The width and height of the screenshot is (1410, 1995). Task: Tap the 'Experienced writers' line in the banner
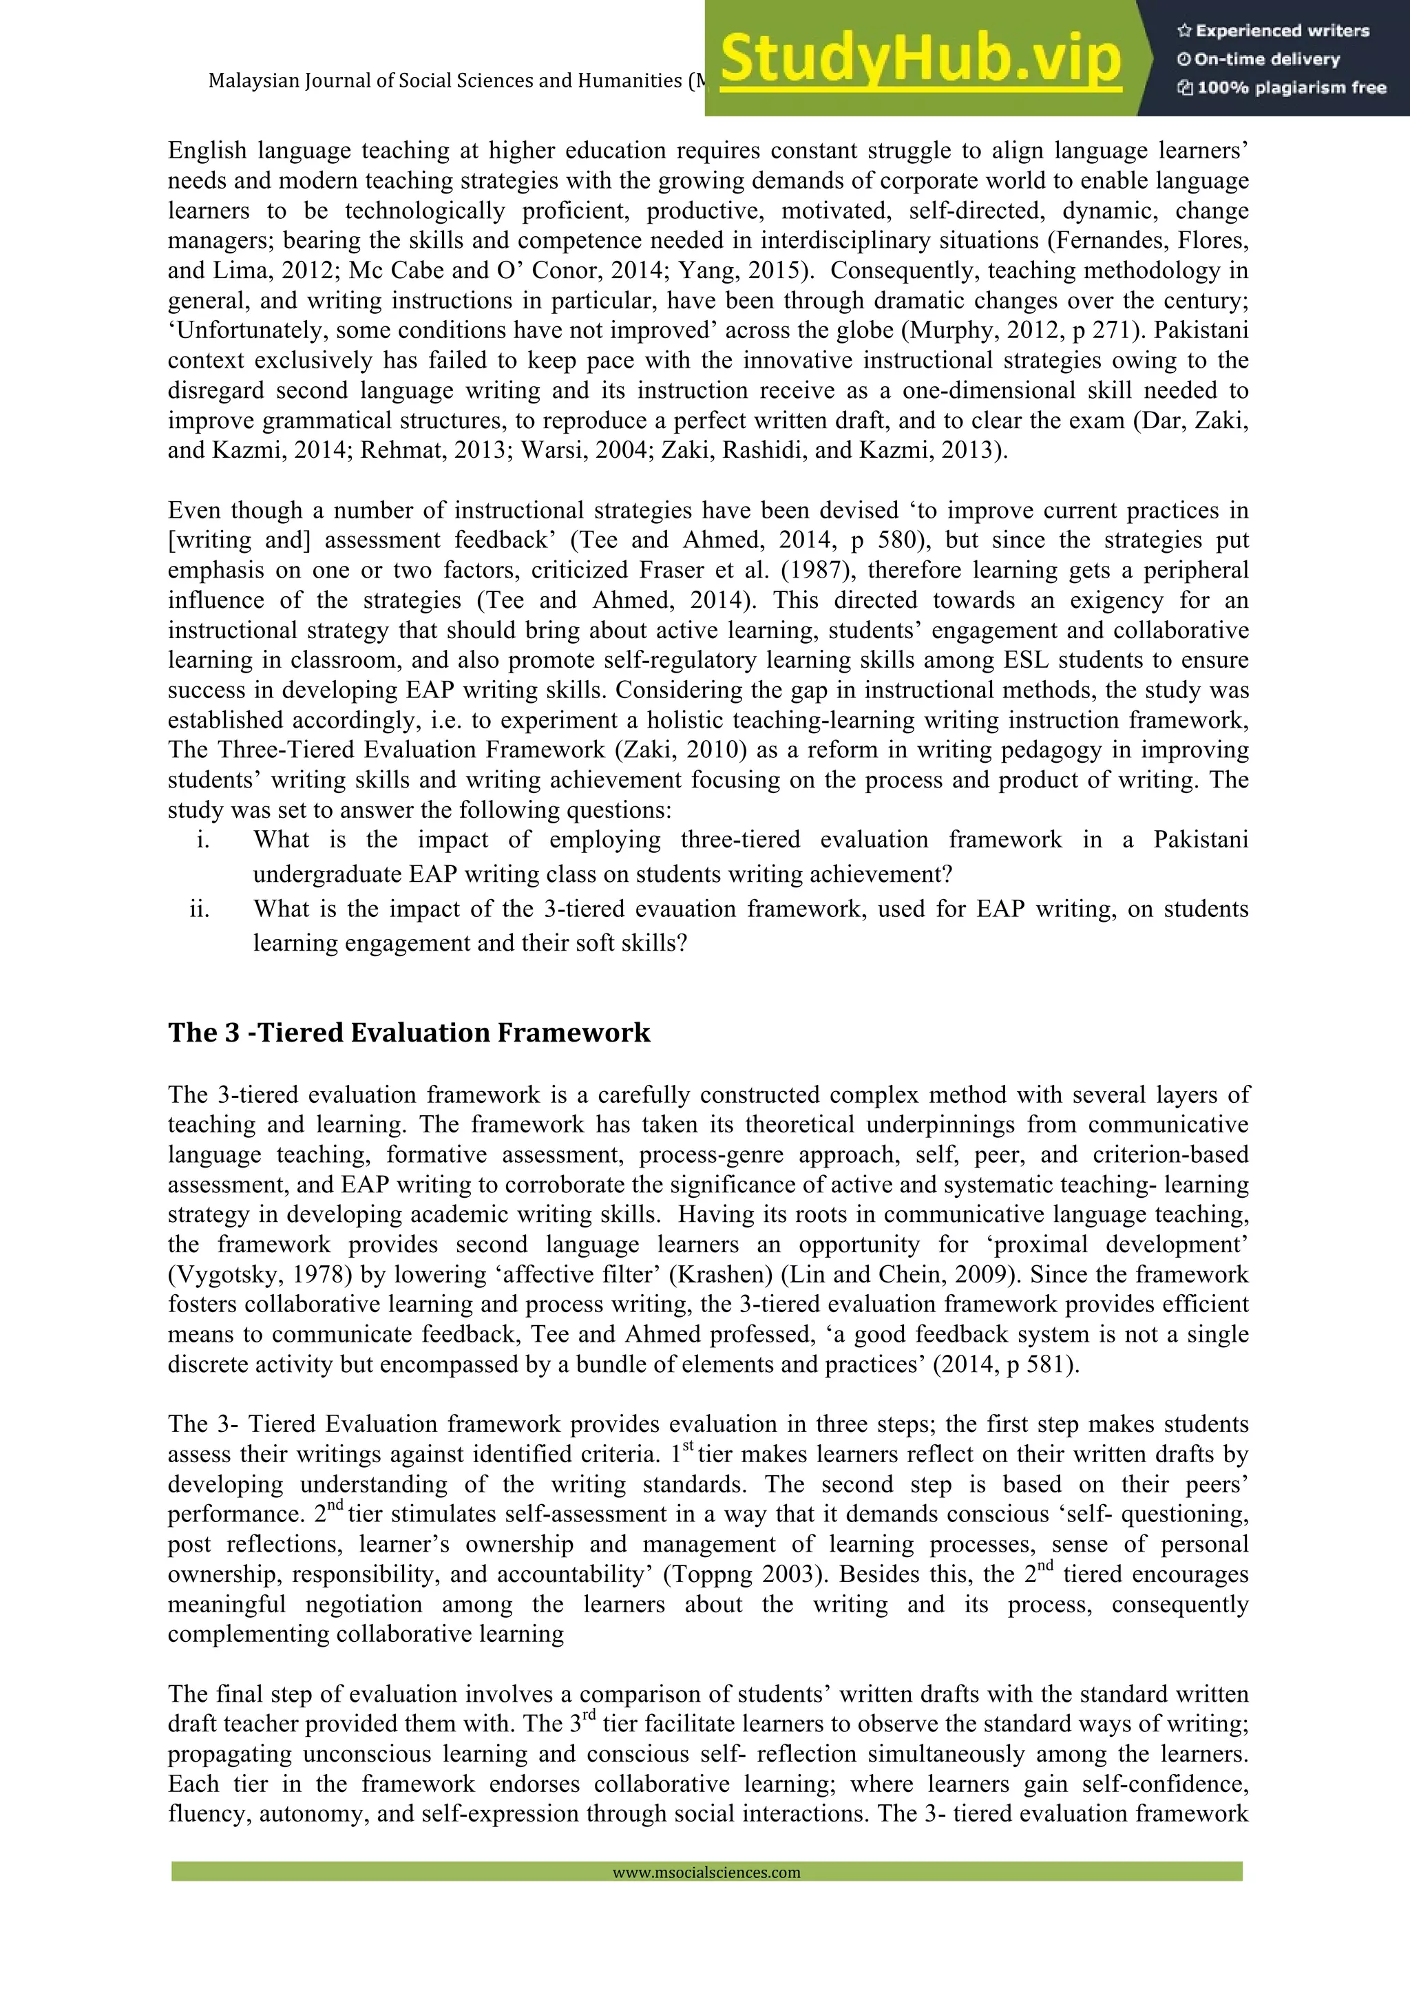tap(1274, 30)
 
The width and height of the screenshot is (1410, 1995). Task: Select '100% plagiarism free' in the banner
tap(1283, 87)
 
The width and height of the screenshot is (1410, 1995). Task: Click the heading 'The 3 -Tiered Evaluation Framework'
tap(408, 1032)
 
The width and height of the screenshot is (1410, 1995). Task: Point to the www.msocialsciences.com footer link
tap(706, 1872)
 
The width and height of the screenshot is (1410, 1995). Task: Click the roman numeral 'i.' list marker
tap(202, 839)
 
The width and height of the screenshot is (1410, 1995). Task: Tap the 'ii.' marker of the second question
tap(200, 909)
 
